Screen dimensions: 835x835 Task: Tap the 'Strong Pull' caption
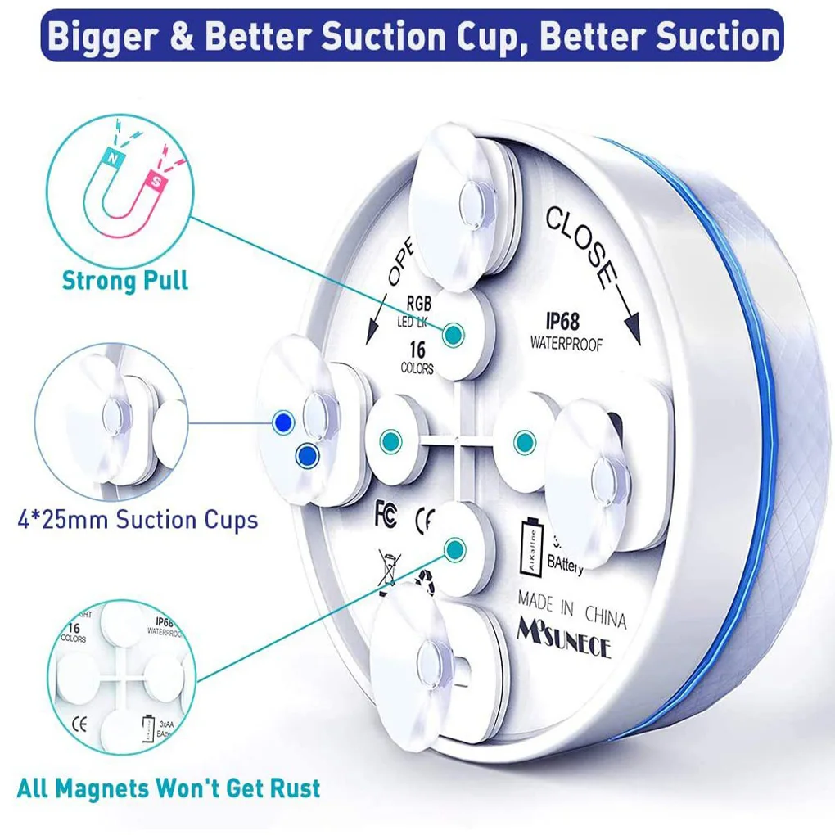pos(124,281)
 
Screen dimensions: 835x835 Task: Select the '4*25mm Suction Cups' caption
pos(138,519)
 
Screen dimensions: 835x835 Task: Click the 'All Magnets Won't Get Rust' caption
pos(168,788)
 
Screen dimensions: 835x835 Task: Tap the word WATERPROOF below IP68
pos(566,345)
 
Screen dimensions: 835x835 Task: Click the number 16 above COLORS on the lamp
pos(417,350)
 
